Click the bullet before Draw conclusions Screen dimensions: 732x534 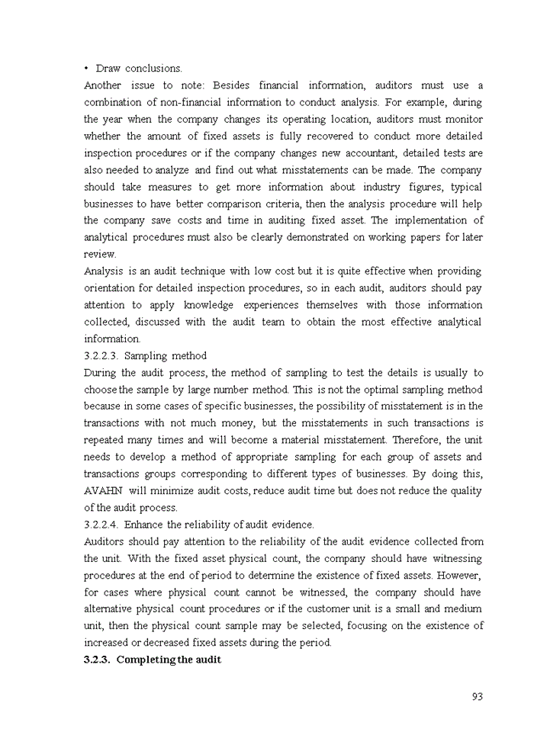(87, 69)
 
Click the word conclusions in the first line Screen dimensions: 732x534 (153, 69)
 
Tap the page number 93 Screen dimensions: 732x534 (478, 696)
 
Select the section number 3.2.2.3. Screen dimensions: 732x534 (101, 355)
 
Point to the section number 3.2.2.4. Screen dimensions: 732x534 (101, 525)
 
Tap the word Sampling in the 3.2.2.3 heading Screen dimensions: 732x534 (146, 355)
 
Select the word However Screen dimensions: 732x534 (460, 575)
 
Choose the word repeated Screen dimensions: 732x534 (105, 440)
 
